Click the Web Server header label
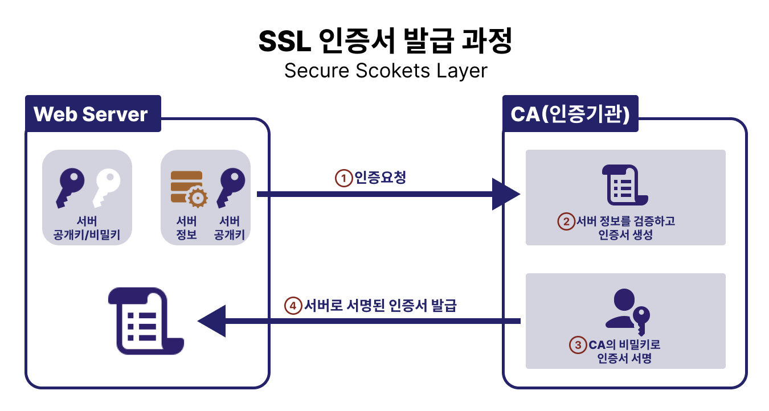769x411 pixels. pos(91,114)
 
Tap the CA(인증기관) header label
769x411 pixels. pos(570,114)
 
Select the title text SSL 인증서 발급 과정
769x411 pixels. pos(385,41)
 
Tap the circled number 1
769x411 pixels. pos(343,178)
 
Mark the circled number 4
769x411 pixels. pos(293,306)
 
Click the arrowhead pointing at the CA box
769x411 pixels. pos(506,195)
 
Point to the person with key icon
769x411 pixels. pos(627,312)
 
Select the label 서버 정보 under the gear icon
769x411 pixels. pos(187,228)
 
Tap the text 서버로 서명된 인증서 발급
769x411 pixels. pos(381,306)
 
